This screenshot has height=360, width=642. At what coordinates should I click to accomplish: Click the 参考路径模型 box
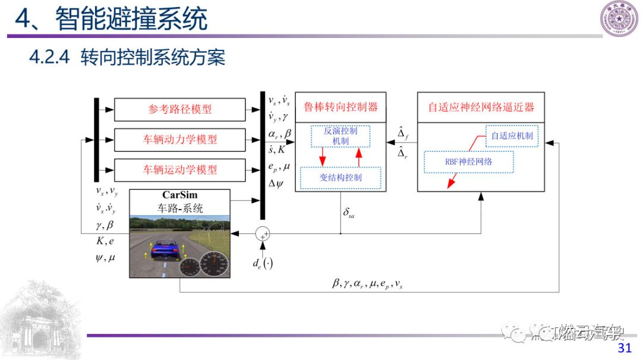[180, 109]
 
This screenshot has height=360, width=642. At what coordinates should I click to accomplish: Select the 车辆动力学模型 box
[180, 140]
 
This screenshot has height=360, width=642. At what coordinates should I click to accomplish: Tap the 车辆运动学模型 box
[180, 170]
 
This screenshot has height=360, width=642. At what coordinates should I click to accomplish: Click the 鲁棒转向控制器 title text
[341, 108]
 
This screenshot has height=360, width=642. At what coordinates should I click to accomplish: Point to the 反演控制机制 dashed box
[341, 136]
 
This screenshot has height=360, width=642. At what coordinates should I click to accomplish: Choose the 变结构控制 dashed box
[341, 178]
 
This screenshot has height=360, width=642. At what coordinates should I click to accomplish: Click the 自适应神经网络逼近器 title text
[481, 108]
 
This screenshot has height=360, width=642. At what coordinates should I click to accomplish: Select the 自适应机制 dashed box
[511, 135]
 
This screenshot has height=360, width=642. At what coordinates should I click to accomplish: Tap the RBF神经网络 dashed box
[468, 162]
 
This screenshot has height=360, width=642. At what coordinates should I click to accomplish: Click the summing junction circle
[262, 234]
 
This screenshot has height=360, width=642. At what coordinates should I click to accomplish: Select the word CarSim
[180, 195]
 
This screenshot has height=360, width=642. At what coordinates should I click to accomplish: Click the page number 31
[624, 348]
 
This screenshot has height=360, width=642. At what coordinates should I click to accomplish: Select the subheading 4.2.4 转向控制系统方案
[127, 58]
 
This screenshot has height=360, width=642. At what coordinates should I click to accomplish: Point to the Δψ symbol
[276, 184]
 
